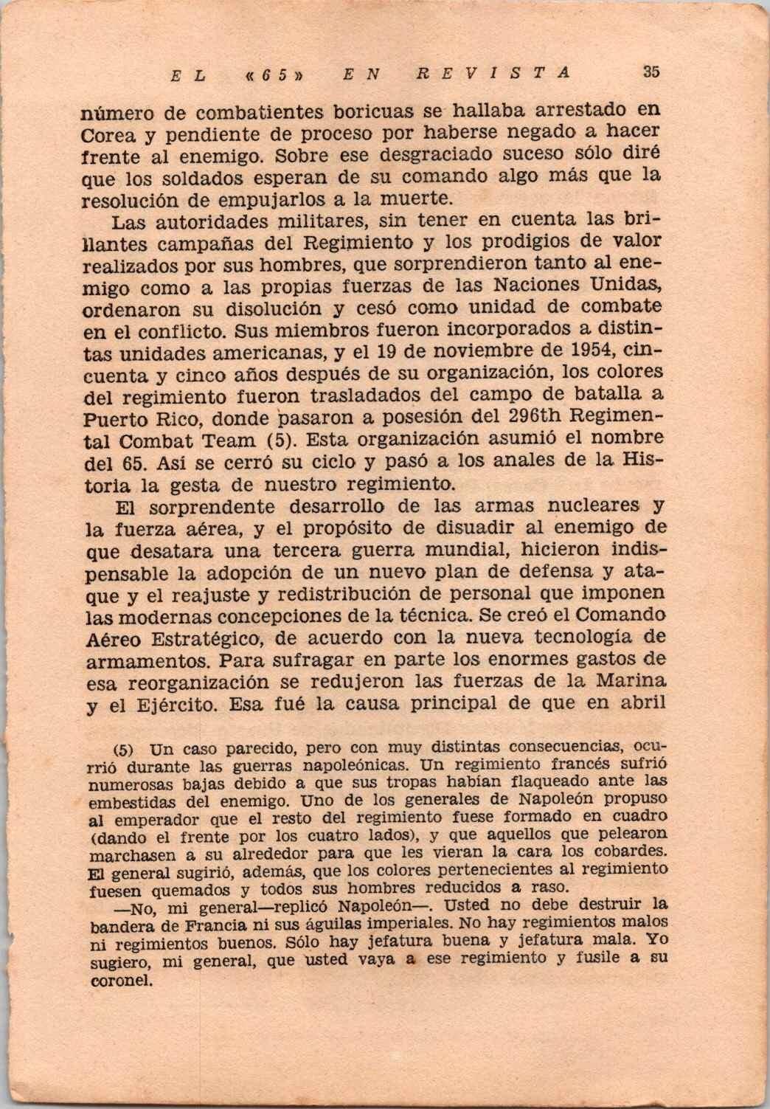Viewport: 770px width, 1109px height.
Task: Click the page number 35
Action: pos(651,72)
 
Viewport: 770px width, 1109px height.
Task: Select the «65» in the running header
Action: pos(276,74)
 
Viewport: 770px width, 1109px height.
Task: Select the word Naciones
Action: pos(528,285)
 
